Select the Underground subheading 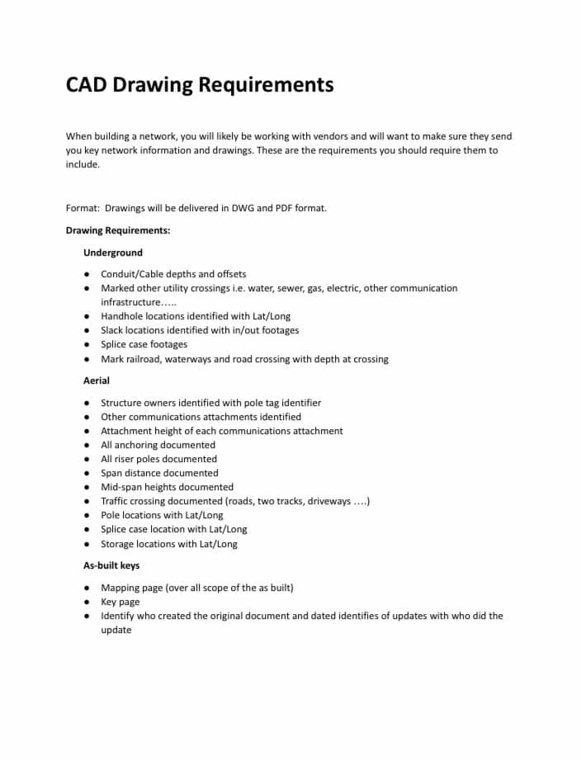113,253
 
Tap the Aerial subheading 97,380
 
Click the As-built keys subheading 111,565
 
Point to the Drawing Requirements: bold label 118,230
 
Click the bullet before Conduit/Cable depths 87,274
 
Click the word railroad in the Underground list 145,359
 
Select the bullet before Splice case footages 87,345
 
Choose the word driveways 329,501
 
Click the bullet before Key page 87,603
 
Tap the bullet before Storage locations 87,545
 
